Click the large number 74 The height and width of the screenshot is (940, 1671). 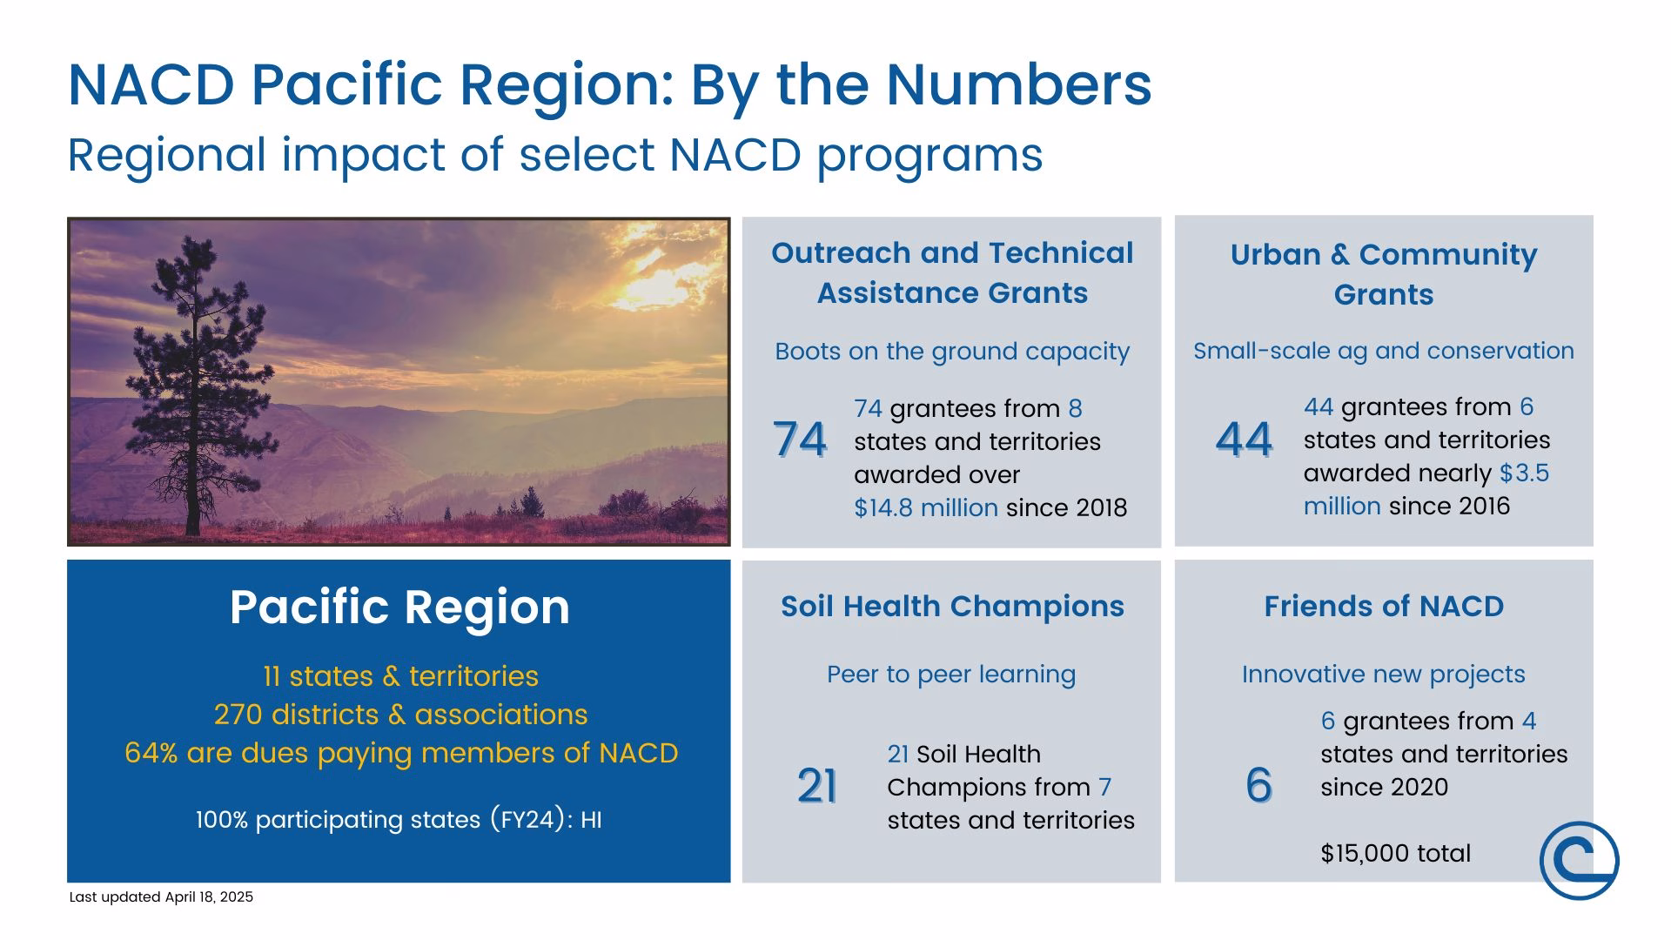point(800,439)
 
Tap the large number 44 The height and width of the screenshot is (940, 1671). point(1244,439)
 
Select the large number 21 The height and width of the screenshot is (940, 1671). point(817,786)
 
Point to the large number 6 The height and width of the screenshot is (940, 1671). point(1258,786)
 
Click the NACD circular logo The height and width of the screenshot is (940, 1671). point(1579,861)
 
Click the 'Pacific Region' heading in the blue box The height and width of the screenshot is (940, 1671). point(399,607)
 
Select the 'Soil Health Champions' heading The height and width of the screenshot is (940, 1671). point(952,606)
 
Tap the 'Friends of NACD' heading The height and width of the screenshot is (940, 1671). point(1384,606)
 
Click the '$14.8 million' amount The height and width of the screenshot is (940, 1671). point(926,507)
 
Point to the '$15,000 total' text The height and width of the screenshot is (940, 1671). point(1395,853)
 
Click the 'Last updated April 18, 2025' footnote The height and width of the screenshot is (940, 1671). point(161,896)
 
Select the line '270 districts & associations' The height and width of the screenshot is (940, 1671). point(400,715)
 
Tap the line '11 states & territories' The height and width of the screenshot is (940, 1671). point(400,676)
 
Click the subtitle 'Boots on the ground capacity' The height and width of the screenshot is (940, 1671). point(952,352)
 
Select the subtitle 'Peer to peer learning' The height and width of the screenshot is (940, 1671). point(951,675)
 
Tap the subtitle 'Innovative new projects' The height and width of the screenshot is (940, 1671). point(1384,675)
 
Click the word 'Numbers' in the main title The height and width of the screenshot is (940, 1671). point(1019,84)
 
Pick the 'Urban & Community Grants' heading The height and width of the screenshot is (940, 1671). point(1384,274)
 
